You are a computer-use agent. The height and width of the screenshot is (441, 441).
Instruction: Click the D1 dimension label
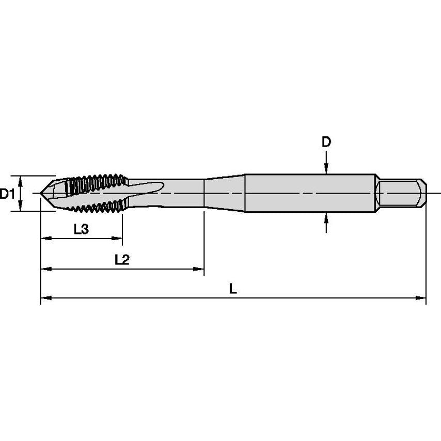[x=7, y=194]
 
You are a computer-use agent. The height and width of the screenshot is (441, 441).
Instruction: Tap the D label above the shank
[x=326, y=142]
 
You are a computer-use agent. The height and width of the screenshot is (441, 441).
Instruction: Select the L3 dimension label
[x=81, y=230]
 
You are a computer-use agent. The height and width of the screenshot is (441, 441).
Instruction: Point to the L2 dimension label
[x=122, y=260]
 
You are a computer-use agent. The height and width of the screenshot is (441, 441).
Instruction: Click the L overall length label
[x=233, y=289]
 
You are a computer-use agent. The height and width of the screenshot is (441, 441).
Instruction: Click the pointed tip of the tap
[x=43, y=194]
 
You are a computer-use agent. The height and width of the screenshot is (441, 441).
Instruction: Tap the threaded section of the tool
[x=96, y=194]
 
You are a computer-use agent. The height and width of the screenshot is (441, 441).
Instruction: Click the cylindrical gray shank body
[x=310, y=193]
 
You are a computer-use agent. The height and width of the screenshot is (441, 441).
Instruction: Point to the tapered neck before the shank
[x=224, y=193]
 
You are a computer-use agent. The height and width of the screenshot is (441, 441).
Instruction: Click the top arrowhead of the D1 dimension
[x=21, y=180]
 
